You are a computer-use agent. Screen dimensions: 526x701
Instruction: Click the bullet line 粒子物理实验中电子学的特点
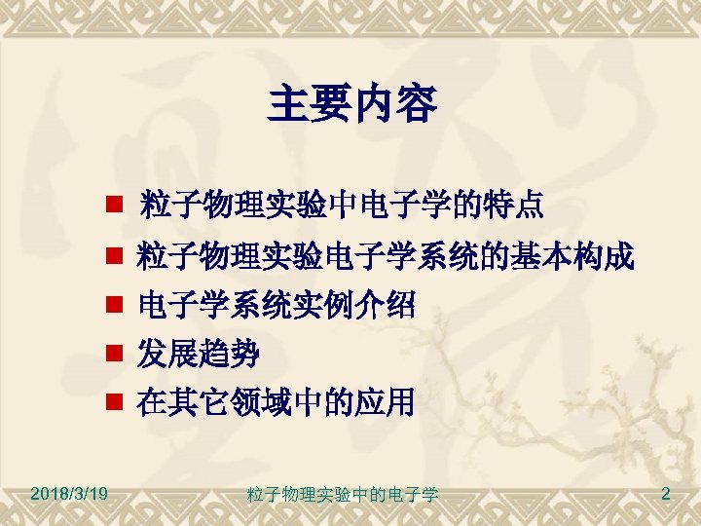(342, 207)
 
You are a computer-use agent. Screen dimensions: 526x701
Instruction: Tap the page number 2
(665, 494)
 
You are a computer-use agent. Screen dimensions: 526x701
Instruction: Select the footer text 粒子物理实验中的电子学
(343, 495)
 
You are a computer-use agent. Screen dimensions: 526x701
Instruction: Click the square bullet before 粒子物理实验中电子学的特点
(113, 207)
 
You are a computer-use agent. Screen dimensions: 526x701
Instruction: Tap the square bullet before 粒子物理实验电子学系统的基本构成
(113, 259)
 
